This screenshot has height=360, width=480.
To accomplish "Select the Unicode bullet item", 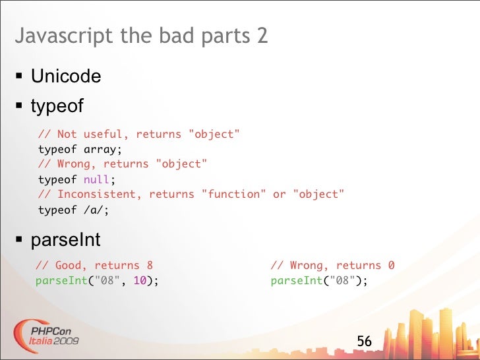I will coord(66,76).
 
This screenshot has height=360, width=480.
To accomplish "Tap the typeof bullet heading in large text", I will coord(57,105).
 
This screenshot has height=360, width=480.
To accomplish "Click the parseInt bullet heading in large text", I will coord(65,239).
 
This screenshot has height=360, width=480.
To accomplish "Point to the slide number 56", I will coord(364,342).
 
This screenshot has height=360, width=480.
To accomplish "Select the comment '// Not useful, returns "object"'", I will coord(138,135).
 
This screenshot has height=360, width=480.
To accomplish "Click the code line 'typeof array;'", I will coord(80,149).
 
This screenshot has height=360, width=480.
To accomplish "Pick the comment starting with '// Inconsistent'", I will coord(191,195).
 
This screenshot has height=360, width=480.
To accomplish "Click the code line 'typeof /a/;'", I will coord(73,210).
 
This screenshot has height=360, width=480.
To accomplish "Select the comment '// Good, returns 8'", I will coord(94,266).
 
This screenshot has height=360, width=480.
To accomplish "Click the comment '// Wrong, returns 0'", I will coord(332,266).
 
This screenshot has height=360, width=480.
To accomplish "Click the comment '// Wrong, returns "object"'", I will coord(123,164).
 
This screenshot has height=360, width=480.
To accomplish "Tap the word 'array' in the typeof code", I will coord(99,149).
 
